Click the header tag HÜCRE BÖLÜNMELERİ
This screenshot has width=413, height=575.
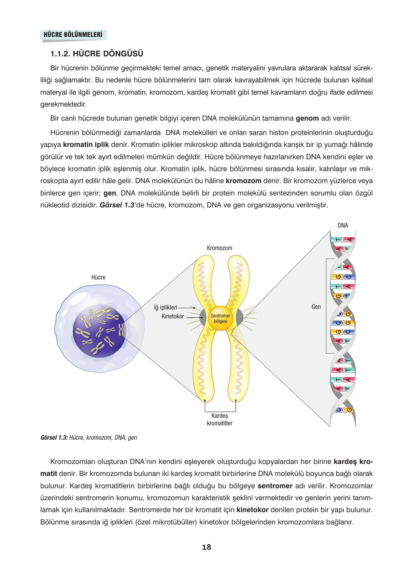[73, 35]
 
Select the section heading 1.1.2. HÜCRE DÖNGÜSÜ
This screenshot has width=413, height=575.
[97, 54]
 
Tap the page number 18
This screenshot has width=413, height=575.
[206, 547]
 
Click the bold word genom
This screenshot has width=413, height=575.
[307, 119]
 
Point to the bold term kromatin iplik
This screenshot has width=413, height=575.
[86, 145]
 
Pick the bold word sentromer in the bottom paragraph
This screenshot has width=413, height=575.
[275, 486]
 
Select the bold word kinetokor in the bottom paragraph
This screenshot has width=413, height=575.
[252, 510]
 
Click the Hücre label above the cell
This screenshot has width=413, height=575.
[98, 277]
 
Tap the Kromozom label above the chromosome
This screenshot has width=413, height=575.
[219, 248]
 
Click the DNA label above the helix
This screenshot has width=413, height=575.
[343, 225]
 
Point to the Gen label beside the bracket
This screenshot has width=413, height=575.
[316, 306]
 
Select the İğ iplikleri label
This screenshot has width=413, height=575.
[166, 307]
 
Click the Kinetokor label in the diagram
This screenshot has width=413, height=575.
[173, 316]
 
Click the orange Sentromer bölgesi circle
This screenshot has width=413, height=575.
[220, 319]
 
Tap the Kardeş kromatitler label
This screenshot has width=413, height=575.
[220, 420]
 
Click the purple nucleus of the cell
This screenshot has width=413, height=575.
[99, 331]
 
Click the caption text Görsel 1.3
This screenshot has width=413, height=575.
[54, 437]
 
